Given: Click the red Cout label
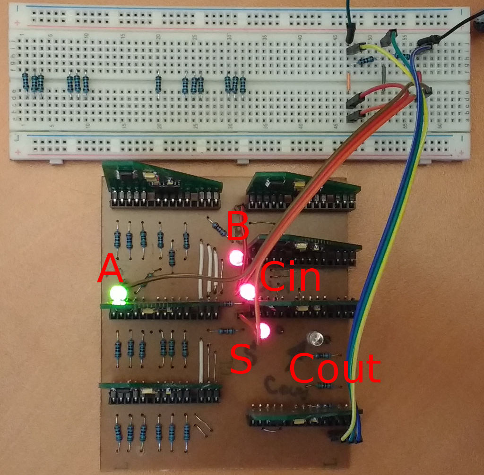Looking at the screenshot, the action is (335, 368).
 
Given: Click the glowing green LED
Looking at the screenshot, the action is (118, 295).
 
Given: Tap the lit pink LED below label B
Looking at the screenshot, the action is (236, 257).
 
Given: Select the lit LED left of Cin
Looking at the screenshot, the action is (246, 291).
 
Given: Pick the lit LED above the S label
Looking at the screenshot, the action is (263, 331).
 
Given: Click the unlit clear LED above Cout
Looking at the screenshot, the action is (315, 338).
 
